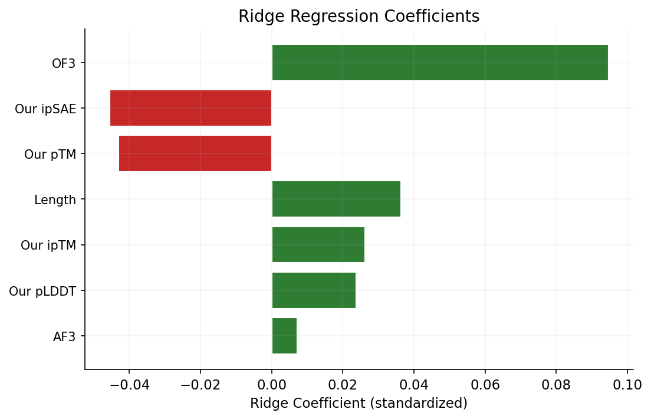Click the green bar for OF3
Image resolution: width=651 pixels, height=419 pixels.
point(439,63)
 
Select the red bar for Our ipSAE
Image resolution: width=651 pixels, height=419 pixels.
point(190,108)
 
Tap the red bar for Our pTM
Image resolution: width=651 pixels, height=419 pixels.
point(195,153)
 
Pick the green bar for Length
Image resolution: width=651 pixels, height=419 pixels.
point(336,199)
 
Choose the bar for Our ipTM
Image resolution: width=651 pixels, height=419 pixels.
point(318,244)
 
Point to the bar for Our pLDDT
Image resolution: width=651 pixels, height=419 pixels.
point(314,290)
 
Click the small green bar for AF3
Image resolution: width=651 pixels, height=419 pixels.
point(284,336)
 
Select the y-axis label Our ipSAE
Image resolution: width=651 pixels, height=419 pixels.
point(45,109)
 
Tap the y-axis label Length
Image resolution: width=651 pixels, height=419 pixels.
point(55,200)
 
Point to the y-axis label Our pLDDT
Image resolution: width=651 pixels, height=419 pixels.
point(42,291)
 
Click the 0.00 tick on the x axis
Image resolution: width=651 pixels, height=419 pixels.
point(271,385)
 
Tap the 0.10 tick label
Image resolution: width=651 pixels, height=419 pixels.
point(627,385)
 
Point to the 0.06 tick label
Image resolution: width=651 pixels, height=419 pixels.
point(485,385)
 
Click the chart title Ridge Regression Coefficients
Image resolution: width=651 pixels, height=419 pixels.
point(359,17)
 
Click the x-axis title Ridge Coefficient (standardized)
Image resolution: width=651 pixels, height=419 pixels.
point(359,404)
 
